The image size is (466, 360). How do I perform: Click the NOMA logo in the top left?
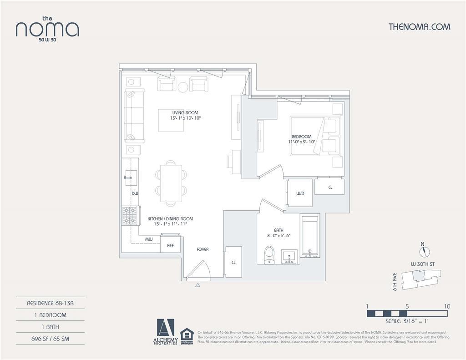point(47,29)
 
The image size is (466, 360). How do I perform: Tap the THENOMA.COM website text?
point(419,27)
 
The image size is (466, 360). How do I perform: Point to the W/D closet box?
point(300,193)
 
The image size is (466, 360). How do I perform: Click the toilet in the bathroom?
point(269,255)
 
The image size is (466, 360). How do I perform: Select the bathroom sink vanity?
point(289,257)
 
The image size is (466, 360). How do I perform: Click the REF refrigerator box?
point(170,245)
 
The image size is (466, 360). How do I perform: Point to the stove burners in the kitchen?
point(130,216)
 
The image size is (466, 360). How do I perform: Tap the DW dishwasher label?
point(135,193)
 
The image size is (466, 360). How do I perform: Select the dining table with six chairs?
point(171,183)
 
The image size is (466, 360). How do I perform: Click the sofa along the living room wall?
point(134,116)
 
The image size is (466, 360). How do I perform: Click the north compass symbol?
point(425,251)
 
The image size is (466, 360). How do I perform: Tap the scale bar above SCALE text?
point(407,314)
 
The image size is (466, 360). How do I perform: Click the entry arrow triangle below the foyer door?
point(198,285)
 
